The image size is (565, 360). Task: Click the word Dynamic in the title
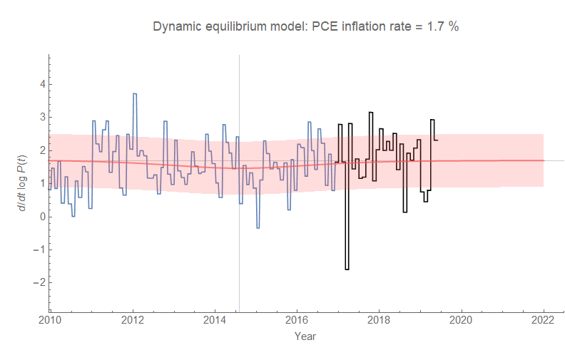(175, 27)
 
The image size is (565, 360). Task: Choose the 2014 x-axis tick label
(215, 319)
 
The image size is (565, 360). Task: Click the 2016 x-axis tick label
(297, 319)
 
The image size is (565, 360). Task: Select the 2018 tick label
(379, 319)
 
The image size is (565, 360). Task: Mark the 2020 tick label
(462, 319)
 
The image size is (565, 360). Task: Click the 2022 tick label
(544, 319)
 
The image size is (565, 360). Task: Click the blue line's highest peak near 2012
(134, 93)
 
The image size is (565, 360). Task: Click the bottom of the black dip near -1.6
(347, 269)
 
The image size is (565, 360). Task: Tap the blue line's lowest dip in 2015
(258, 227)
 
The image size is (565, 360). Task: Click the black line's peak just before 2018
(370, 113)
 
